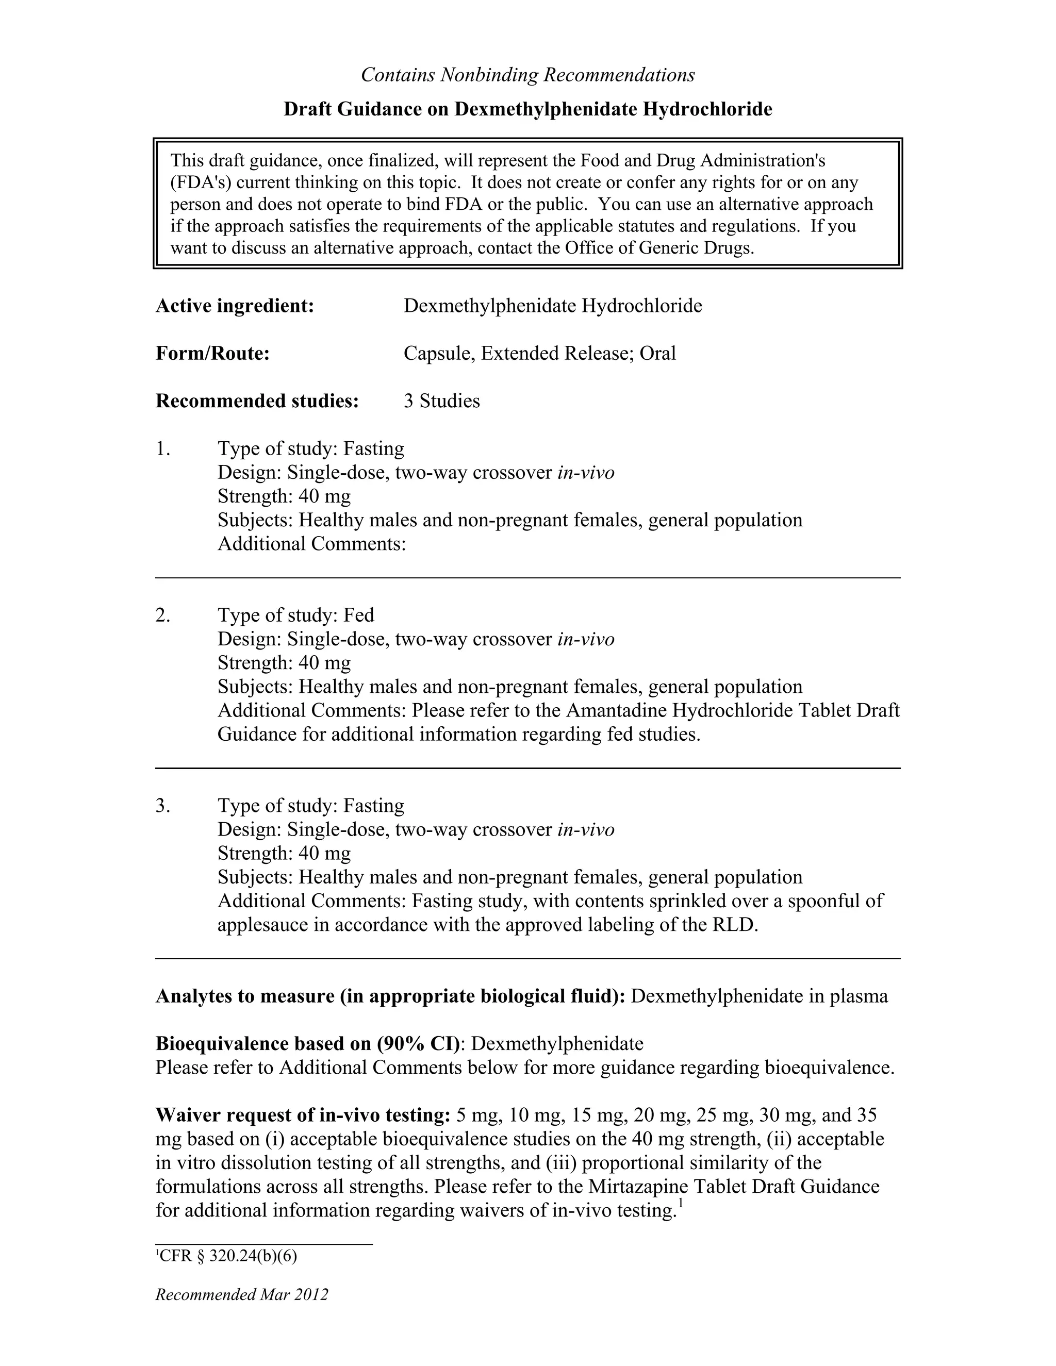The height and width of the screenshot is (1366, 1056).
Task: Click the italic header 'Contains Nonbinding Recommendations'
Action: click(527, 75)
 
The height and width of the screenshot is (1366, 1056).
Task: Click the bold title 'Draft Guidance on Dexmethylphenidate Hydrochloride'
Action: click(527, 109)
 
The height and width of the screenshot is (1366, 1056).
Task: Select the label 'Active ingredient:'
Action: click(235, 306)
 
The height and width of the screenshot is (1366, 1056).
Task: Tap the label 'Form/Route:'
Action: click(212, 354)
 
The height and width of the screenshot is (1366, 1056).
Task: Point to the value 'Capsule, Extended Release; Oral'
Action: click(539, 354)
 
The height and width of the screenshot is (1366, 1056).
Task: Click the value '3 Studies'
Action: click(442, 401)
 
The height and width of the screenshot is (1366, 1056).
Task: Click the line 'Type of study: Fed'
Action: click(296, 615)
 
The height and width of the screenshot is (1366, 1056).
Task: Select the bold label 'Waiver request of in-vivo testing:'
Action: click(303, 1115)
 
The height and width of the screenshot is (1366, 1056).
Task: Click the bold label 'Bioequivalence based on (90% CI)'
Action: click(308, 1044)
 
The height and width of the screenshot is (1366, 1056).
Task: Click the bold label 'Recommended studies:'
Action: click(257, 401)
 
